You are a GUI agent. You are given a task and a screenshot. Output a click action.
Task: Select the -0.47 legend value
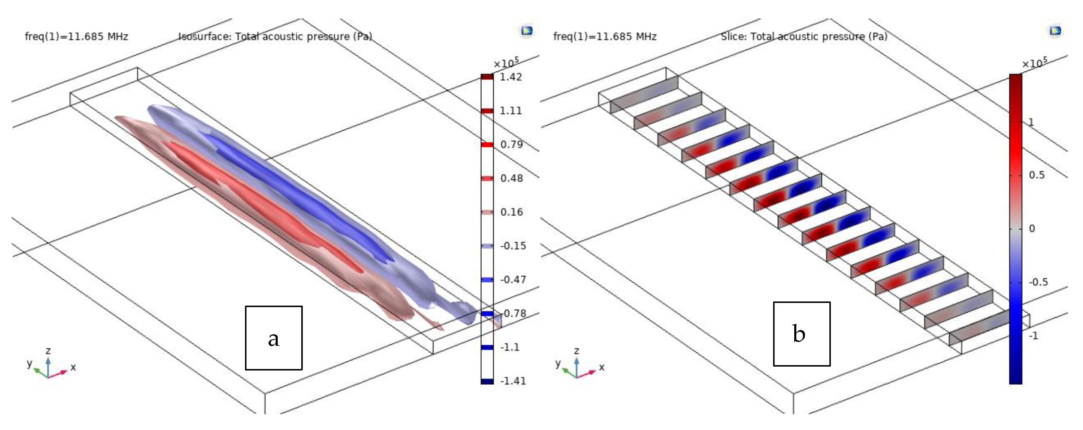pos(513,279)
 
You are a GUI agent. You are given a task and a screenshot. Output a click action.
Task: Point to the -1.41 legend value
pos(513,381)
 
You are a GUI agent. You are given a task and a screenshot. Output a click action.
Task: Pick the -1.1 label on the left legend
pos(510,347)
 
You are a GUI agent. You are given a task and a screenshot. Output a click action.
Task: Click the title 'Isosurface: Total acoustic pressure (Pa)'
pos(276,37)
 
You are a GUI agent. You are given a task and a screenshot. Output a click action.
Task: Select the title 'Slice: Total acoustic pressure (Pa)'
pos(804,37)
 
